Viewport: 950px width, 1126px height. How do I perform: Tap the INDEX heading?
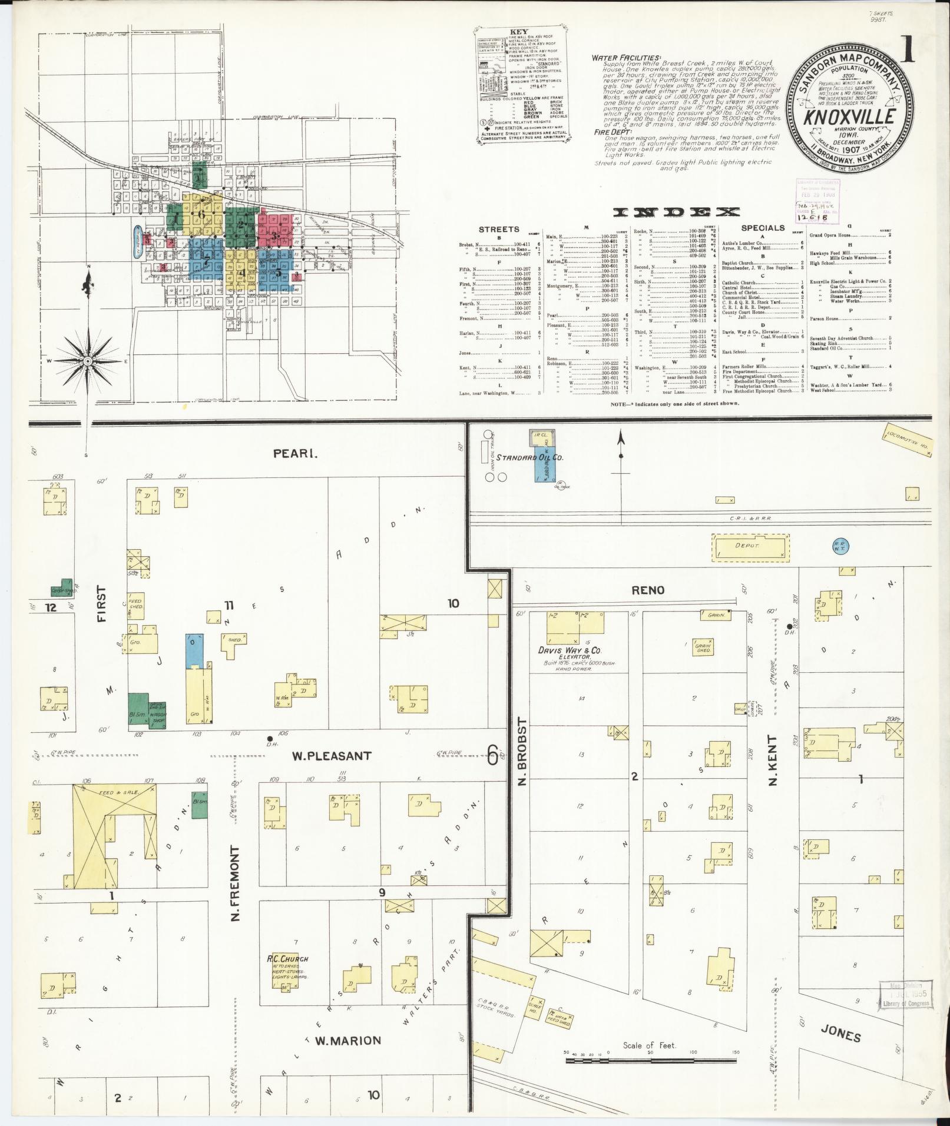coord(676,212)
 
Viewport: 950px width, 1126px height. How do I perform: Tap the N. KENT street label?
coord(773,759)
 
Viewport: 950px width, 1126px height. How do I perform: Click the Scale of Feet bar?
coord(651,1061)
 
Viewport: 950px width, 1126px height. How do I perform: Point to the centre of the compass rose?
coord(87,360)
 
